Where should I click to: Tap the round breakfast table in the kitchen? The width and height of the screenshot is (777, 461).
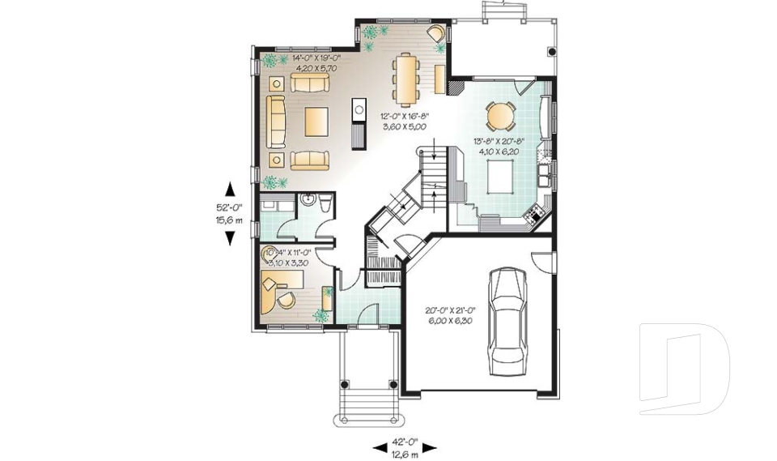click(500, 117)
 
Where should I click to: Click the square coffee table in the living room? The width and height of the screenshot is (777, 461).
click(316, 122)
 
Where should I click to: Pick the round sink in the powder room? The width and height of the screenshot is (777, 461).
click(308, 201)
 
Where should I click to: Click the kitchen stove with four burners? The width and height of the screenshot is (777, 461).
click(535, 215)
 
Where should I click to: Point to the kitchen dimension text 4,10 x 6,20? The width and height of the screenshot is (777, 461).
click(499, 151)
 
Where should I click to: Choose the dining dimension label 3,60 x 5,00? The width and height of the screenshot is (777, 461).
click(405, 127)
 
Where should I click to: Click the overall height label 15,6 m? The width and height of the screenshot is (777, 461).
click(230, 220)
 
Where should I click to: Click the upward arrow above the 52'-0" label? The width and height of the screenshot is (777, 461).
click(230, 190)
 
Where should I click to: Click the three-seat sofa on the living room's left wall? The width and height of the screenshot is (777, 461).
click(276, 122)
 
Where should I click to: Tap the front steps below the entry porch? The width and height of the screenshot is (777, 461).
click(368, 404)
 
